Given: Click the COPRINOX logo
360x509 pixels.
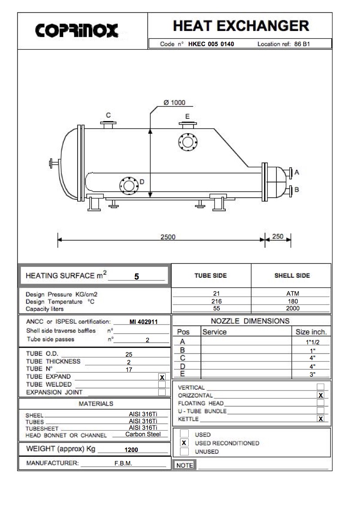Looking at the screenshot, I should pyautogui.click(x=77, y=30).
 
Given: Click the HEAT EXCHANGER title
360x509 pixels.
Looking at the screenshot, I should pyautogui.click(x=241, y=26).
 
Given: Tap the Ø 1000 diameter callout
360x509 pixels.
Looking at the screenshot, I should pyautogui.click(x=174, y=103).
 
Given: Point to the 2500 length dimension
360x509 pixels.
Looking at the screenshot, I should pyautogui.click(x=168, y=237).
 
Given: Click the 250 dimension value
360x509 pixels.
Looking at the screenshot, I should pyautogui.click(x=278, y=236).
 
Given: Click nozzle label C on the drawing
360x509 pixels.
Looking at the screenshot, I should pyautogui.click(x=109, y=115).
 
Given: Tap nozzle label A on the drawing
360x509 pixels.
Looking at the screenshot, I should pyautogui.click(x=297, y=172).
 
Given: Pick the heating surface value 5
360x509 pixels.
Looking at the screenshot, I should pyautogui.click(x=136, y=276).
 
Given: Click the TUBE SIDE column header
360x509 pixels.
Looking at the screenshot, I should pyautogui.click(x=211, y=276).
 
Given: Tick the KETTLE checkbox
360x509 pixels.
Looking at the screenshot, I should pyautogui.click(x=321, y=419).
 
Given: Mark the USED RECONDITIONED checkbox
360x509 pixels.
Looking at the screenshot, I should pyautogui.click(x=184, y=443).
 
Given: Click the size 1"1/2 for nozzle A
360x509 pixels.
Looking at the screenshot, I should pyautogui.click(x=312, y=343).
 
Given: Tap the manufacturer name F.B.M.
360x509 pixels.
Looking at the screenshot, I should pyautogui.click(x=123, y=464).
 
